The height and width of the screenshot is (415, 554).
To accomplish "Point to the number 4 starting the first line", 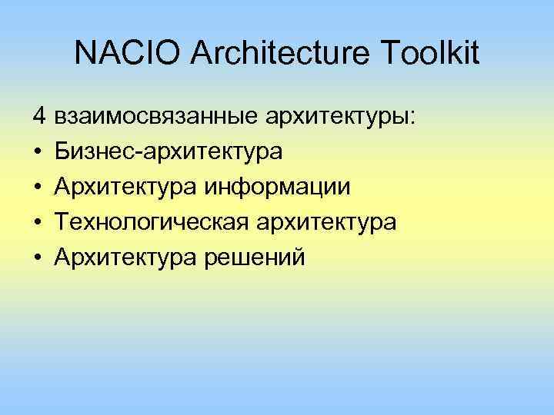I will click(38, 117).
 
